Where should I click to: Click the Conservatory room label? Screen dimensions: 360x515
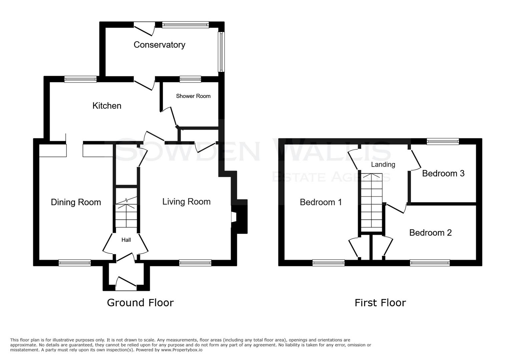[x=159, y=45]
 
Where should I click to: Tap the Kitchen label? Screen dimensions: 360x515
[x=107, y=106]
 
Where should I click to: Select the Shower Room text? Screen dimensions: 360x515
[x=193, y=96]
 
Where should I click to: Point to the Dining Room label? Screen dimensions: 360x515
[x=76, y=202]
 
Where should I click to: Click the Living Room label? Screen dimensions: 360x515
[x=186, y=202]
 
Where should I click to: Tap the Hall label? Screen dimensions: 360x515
[x=126, y=240]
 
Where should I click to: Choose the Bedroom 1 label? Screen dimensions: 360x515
[x=321, y=202]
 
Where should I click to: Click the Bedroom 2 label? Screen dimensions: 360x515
[x=430, y=233]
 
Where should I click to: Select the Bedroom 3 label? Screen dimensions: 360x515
[x=443, y=173]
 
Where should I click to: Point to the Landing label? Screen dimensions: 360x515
[x=383, y=164]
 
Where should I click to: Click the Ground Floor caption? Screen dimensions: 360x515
[x=140, y=303]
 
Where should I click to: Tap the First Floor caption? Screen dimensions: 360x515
[x=380, y=303]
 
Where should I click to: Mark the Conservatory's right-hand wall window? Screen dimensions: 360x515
[x=221, y=52]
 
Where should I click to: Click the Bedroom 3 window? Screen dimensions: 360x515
[x=443, y=142]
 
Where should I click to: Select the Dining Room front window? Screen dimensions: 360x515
[x=74, y=263]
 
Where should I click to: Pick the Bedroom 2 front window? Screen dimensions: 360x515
[x=430, y=263]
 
